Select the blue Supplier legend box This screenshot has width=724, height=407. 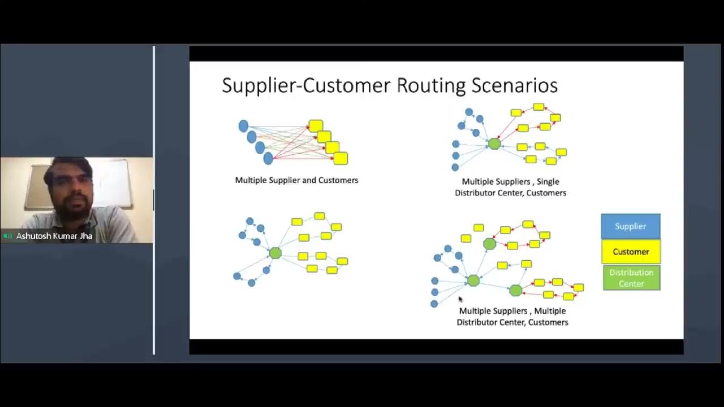point(630,226)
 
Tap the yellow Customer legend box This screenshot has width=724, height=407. point(631,252)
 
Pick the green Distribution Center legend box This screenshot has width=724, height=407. point(631,278)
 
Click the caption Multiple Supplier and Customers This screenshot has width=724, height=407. point(296,180)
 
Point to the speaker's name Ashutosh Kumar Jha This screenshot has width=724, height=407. point(54,236)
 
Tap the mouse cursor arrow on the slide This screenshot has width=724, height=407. point(460,299)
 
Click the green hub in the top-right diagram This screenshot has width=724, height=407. point(494,144)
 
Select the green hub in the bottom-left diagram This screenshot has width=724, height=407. point(275,253)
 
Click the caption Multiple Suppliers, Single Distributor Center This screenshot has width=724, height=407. point(510,187)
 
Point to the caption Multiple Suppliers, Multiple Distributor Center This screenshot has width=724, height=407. point(512,317)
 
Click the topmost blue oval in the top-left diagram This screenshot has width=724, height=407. point(243,126)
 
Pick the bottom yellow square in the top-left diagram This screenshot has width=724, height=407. point(341,158)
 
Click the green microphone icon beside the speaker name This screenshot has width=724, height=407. point(8,236)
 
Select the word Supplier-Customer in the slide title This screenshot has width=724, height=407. point(306,85)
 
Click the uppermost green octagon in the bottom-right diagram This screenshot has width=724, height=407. point(490,244)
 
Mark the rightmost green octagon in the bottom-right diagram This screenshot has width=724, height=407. point(515,291)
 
